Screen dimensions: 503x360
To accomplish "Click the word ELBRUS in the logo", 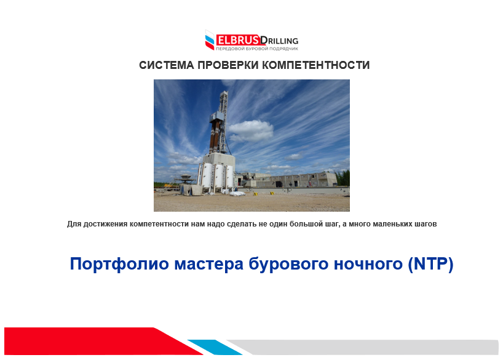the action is click(238, 40).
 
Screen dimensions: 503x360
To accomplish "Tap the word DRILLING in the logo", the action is click(279, 41).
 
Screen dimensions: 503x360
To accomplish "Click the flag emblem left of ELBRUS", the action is click(210, 40).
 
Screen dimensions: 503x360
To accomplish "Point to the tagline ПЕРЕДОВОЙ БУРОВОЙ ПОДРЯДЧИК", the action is click(256, 49).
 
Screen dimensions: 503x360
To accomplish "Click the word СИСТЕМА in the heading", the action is click(167, 65).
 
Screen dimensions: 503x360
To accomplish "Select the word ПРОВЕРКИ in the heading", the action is click(228, 65).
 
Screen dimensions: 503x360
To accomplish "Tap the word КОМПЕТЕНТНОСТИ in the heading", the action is click(316, 65).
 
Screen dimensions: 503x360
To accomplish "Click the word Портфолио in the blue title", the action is click(119, 264).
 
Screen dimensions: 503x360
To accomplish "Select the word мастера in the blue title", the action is click(209, 265).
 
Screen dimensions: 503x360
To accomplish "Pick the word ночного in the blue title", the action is click(368, 265).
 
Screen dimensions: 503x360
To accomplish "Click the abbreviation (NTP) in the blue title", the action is click(430, 264).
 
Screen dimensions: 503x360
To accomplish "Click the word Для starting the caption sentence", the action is click(74, 224).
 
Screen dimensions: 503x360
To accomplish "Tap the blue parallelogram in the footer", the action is click(215, 347).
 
